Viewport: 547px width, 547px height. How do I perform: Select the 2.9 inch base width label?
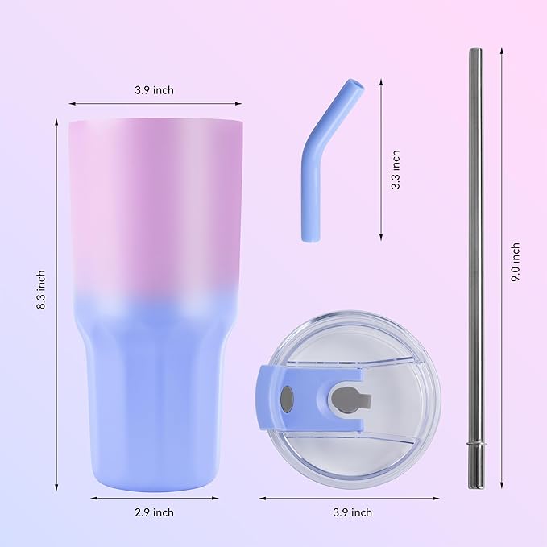153,512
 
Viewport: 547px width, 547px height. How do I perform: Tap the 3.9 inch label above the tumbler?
154,90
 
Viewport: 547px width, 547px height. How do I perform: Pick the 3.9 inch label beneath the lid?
351,512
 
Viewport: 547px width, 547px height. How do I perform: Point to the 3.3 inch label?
395,169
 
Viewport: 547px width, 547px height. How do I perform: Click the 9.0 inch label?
516,261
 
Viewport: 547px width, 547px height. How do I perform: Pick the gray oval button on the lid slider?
287,397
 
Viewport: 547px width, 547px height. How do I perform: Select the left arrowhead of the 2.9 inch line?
90,498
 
